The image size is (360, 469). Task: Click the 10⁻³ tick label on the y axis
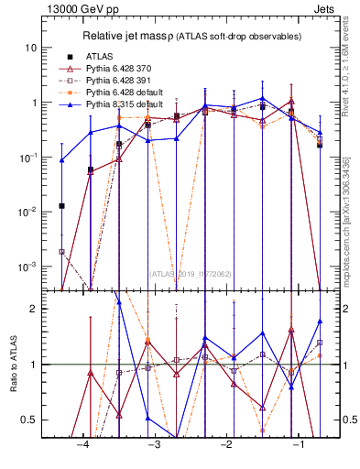29,267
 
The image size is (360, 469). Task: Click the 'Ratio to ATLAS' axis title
12,365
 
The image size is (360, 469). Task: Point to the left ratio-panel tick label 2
35,309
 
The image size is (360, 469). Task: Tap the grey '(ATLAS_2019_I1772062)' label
191,273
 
